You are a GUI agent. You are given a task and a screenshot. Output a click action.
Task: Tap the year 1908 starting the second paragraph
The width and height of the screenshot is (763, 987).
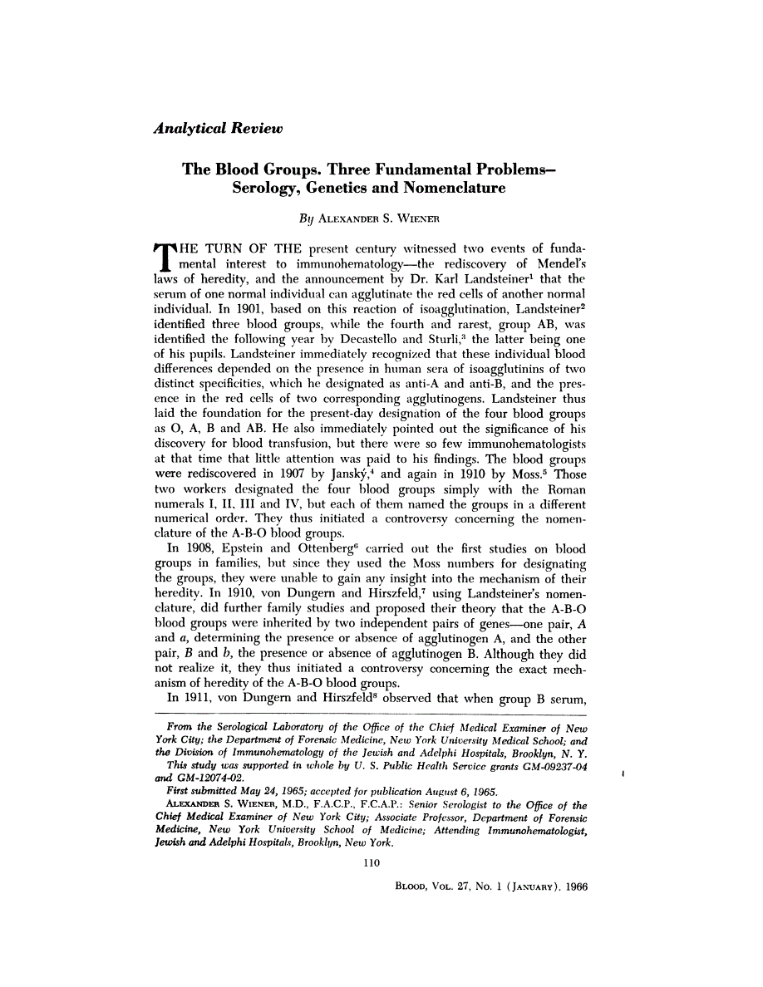point(198,548)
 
